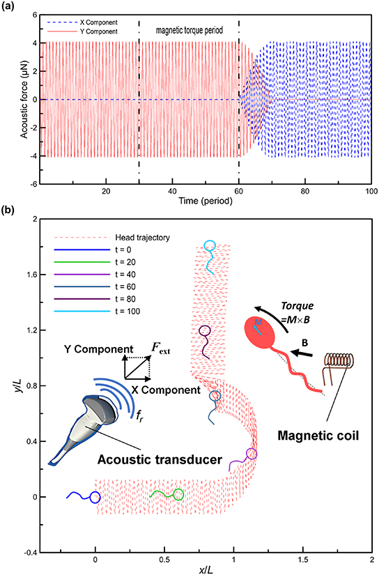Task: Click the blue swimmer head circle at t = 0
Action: click(95, 497)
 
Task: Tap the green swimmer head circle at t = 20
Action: click(178, 495)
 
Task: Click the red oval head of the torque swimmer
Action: click(258, 333)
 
